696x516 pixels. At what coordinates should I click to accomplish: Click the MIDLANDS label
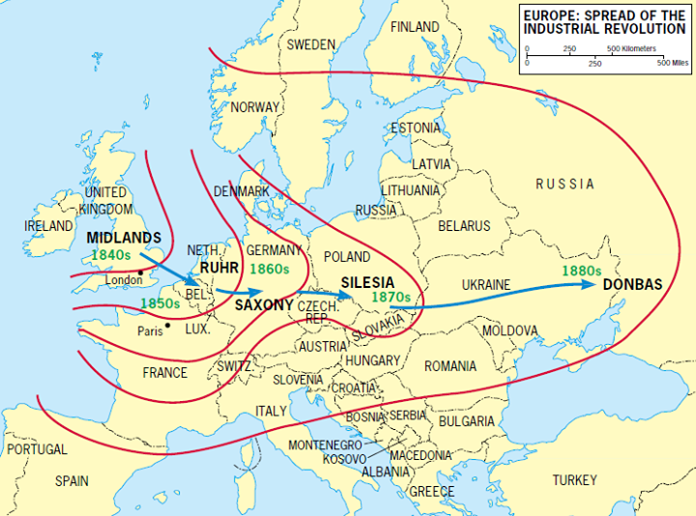click(123, 238)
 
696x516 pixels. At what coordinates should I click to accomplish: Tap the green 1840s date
click(111, 254)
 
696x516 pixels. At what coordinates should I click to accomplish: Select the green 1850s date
click(160, 303)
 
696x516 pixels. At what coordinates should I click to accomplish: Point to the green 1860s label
click(270, 268)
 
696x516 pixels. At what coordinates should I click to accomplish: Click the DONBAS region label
click(632, 286)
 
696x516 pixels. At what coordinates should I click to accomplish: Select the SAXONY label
click(264, 304)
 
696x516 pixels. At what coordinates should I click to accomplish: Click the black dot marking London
click(141, 272)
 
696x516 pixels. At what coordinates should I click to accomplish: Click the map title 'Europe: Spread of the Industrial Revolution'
click(604, 22)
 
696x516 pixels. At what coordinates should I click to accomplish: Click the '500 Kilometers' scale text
click(631, 48)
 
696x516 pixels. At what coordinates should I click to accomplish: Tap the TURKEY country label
click(575, 480)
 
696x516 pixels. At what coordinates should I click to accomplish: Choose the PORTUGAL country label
click(37, 450)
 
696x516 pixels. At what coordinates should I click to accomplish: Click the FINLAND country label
click(414, 27)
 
